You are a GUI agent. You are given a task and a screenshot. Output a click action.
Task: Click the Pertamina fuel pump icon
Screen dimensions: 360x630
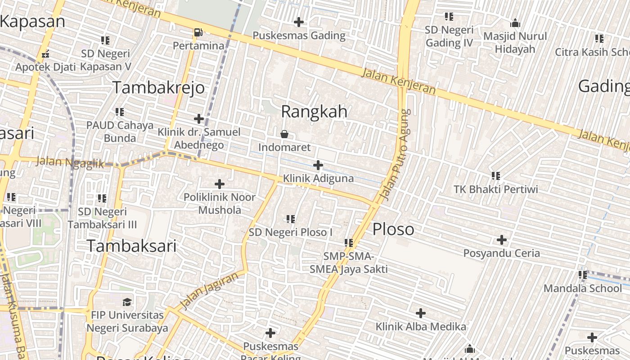coord(198,32)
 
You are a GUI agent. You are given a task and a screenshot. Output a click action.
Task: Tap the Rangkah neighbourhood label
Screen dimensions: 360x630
coord(314,111)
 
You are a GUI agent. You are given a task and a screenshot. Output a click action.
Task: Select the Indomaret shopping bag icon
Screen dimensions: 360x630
coord(284,134)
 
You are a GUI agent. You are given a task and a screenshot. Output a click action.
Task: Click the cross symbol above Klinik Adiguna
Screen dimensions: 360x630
coord(318,165)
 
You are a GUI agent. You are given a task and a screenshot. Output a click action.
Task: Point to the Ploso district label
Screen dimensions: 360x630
coord(393,229)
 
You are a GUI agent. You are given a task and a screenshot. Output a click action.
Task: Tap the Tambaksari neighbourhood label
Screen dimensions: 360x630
coord(131,246)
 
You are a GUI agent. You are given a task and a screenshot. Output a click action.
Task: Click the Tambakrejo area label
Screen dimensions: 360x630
coord(158,87)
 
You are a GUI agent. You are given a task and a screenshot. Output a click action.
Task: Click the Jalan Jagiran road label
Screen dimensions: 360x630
coord(208,291)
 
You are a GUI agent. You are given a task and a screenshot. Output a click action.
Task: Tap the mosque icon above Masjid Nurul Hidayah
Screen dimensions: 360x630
coord(515,23)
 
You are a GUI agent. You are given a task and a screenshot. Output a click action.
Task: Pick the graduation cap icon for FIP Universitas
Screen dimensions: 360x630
coord(127,301)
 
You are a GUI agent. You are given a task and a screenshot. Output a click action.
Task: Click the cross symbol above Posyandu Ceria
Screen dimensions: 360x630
coord(501,240)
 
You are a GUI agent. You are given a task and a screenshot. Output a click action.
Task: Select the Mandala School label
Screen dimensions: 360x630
coord(583,288)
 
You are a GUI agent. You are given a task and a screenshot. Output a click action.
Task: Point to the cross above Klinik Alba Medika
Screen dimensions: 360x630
coord(420,313)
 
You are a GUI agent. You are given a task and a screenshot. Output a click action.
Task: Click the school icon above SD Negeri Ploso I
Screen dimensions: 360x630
coord(291,219)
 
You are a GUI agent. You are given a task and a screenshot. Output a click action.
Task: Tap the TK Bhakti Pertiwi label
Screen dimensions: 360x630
coord(495,189)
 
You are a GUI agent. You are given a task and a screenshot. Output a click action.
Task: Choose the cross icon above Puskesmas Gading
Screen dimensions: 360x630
coord(298,22)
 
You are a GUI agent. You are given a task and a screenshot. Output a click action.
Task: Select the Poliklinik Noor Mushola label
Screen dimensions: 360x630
coord(220,203)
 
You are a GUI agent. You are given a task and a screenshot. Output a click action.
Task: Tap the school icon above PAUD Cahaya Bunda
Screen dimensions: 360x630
coord(119,112)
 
